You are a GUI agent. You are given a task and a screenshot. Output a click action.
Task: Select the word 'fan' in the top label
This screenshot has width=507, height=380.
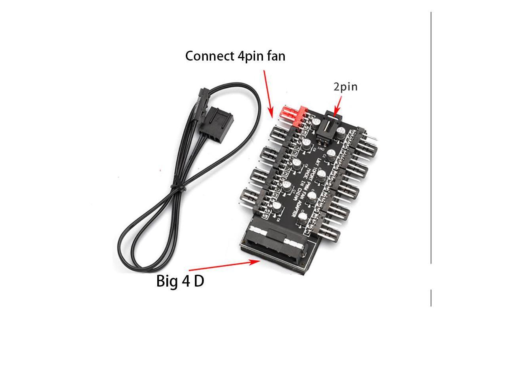pyautogui.click(x=277, y=56)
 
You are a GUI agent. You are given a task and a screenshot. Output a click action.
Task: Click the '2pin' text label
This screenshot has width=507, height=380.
pyautogui.click(x=345, y=87)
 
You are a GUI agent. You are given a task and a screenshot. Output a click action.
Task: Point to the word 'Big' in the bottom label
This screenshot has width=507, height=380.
pyautogui.click(x=167, y=281)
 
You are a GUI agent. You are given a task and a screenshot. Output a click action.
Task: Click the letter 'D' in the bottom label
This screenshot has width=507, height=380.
pyautogui.click(x=199, y=281)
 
